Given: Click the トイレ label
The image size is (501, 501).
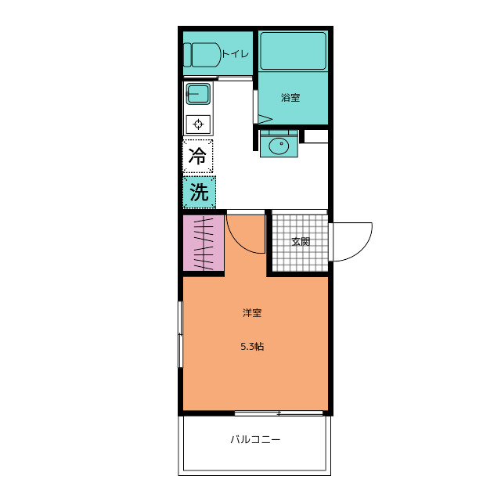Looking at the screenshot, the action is point(235,54).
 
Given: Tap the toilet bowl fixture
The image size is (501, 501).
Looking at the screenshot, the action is point(203,55).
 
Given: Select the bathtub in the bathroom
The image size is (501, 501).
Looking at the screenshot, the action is point(293,51).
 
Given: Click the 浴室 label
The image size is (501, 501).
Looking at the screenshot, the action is point(290,97).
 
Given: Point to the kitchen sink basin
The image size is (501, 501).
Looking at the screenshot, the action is point(198,94).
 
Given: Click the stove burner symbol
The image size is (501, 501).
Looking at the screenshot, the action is point(198,124).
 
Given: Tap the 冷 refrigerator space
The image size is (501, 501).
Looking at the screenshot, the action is point(198,157).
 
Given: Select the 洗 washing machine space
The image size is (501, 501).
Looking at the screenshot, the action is point(199,192).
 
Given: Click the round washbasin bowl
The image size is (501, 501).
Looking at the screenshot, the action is point(279,146).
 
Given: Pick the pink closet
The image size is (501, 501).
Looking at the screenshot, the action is point(204,243).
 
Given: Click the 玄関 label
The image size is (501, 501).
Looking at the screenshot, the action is point(301,242).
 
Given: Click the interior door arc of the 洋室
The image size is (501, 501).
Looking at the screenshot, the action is point(237,243).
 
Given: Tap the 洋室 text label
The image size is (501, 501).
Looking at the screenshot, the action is point(252,312).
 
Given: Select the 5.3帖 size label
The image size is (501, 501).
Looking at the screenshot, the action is point(252,346).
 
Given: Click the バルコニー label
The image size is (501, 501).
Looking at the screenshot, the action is point(255,440).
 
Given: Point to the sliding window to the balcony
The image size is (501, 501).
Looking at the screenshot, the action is point(279,413).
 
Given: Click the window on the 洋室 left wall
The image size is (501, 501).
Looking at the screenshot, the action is point(181,334).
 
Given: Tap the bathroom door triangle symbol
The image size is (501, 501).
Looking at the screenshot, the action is point(265,120).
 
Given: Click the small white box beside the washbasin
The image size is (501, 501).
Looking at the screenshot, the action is point(316,136).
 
